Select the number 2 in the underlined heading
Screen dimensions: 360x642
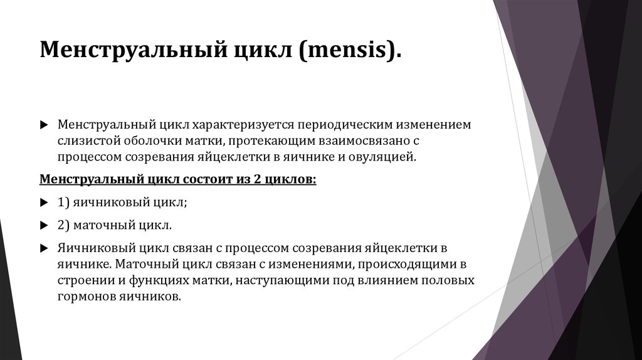[257, 179]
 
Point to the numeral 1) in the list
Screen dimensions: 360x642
[63, 203]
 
